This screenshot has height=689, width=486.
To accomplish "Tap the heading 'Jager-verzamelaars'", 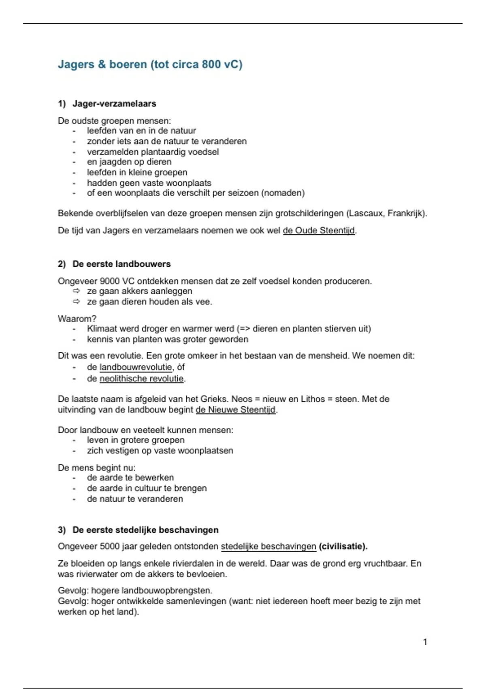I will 114,104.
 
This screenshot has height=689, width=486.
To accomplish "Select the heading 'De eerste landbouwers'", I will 122,264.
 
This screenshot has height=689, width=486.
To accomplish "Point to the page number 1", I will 425,642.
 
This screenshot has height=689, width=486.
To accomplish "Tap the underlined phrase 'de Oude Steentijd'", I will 319,231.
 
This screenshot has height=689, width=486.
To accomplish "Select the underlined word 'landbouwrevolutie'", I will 136,367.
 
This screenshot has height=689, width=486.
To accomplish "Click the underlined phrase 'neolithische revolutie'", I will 141,379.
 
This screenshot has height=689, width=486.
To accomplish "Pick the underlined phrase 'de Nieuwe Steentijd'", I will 236,410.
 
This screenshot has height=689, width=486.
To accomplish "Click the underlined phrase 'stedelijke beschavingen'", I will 268,547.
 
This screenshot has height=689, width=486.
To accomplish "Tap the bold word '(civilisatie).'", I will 343,547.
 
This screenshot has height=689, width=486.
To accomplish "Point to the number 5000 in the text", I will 109,547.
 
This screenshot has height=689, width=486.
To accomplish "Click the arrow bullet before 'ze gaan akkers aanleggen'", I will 76,291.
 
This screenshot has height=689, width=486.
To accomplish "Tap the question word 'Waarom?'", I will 77,319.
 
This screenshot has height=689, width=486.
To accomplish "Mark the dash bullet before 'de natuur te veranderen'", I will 74,499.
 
